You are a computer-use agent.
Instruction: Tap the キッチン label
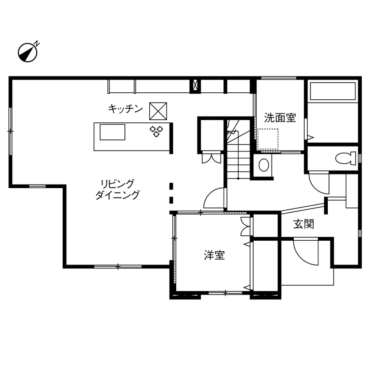tap(125, 109)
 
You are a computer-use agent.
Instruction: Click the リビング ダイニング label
tap(117, 189)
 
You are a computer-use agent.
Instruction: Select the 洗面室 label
tap(280, 117)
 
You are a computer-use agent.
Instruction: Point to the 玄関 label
tap(304, 224)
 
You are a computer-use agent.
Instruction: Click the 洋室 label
tap(214, 255)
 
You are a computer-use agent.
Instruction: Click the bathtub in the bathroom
tap(333, 91)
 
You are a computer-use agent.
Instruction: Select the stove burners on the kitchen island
tap(156, 131)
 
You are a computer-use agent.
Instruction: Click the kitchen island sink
tap(113, 132)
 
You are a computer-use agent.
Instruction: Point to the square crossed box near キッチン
tap(158, 110)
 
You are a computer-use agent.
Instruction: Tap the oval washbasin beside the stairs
tap(263, 166)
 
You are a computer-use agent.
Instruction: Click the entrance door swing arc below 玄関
tap(305, 252)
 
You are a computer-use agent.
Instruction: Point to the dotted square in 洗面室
tap(268, 140)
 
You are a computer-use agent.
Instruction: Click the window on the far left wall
tap(10, 131)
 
